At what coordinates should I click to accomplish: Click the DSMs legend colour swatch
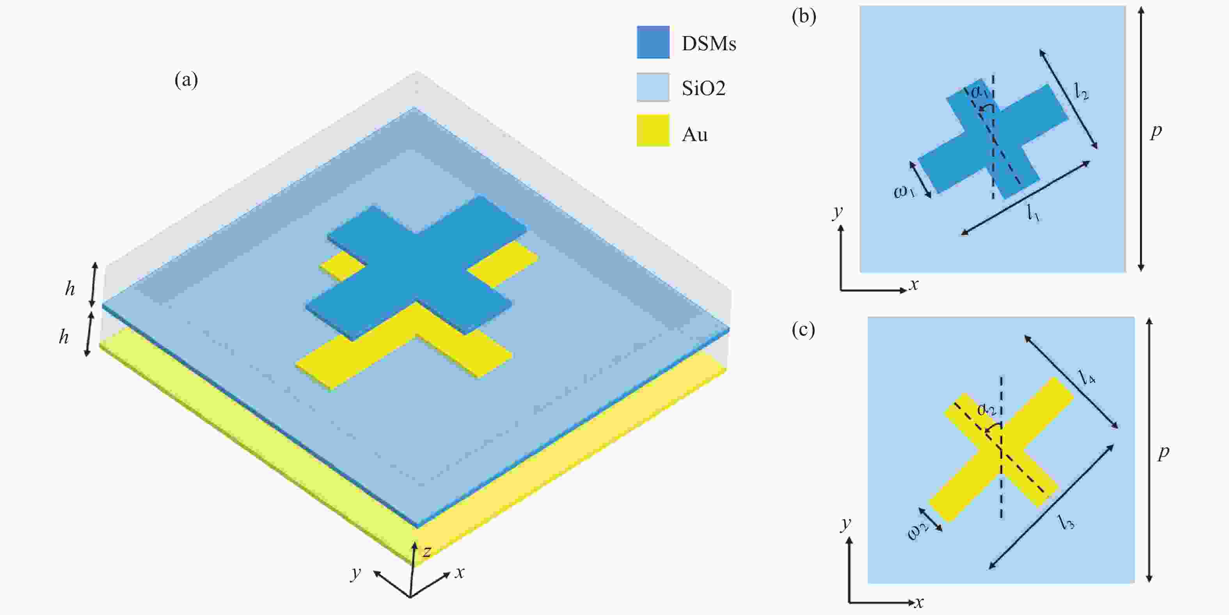(x=653, y=42)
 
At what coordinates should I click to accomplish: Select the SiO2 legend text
(x=703, y=88)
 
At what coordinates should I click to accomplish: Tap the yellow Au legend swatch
(x=653, y=130)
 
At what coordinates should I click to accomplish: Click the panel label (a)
(x=186, y=80)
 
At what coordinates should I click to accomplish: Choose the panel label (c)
(x=803, y=329)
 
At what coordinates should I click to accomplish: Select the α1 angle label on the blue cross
(x=979, y=92)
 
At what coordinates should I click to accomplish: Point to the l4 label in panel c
(x=1087, y=376)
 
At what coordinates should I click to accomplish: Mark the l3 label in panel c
(x=1067, y=521)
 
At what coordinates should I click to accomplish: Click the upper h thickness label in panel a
(x=70, y=288)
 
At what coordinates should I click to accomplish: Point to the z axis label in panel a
(x=427, y=551)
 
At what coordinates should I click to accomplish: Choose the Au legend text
(x=694, y=135)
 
